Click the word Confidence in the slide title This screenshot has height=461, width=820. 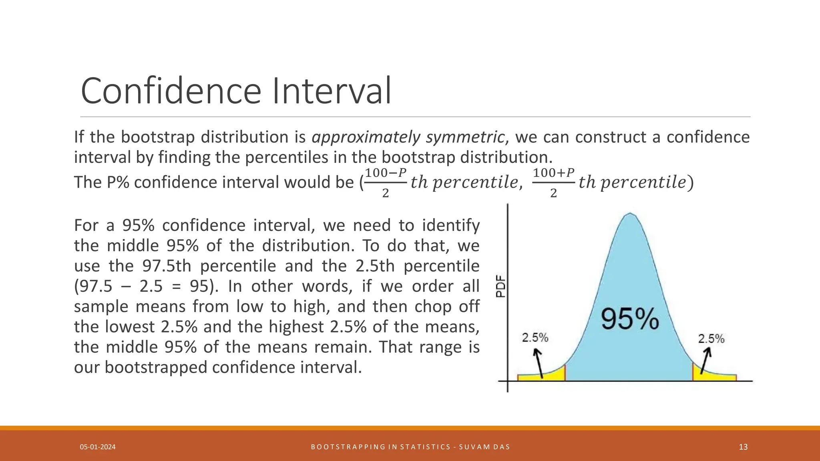point(171,91)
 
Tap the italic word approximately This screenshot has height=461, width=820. point(366,137)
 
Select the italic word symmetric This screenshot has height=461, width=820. point(465,137)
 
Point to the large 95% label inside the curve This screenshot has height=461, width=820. point(630,319)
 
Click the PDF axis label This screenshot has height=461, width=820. point(501,287)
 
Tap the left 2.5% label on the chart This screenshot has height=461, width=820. point(535,338)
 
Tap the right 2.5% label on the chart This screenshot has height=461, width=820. point(711,339)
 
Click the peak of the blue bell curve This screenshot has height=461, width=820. point(630,214)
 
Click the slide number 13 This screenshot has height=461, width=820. point(743,447)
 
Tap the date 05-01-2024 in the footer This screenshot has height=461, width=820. point(98,447)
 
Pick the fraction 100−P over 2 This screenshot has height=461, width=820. point(385,183)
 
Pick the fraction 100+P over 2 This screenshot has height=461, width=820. point(553,183)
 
